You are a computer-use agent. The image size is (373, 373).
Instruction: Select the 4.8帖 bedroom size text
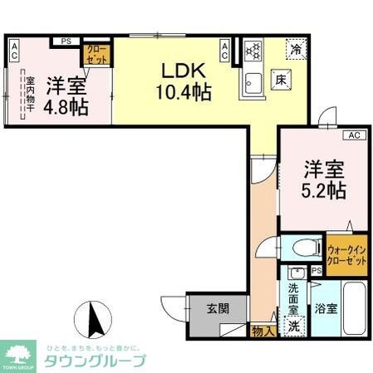[x=66, y=106]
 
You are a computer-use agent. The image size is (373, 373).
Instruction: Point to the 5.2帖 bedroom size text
[x=323, y=189]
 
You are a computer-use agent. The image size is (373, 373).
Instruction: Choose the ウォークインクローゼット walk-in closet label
[x=346, y=254]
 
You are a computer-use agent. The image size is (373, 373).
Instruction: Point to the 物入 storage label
[x=261, y=330]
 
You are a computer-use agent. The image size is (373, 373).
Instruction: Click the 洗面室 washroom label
[x=293, y=299]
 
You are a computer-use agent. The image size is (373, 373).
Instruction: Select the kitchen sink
[x=253, y=81]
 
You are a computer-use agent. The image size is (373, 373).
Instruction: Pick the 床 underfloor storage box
[x=282, y=81]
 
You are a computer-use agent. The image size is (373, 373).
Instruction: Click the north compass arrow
[x=94, y=320]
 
